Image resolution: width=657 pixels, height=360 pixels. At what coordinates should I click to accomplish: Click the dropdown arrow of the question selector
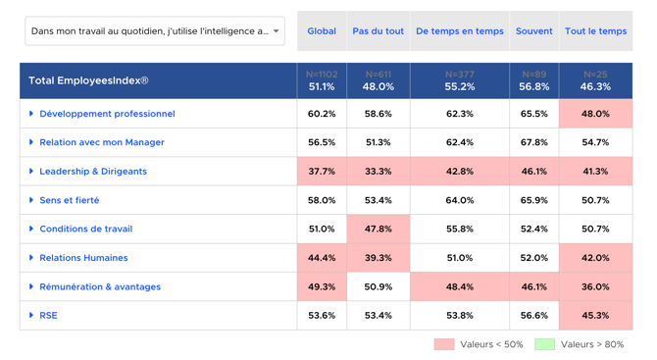pyautogui.click(x=277, y=31)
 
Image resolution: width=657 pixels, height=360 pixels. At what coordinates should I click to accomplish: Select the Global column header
pyautogui.click(x=322, y=31)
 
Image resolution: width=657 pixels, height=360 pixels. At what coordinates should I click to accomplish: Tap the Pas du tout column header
pyautogui.click(x=378, y=31)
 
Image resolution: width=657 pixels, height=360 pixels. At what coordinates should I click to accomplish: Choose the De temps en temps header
pyautogui.click(x=460, y=31)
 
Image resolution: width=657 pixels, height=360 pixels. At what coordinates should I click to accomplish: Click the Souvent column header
pyautogui.click(x=533, y=31)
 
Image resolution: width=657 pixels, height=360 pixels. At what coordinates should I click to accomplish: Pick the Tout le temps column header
pyautogui.click(x=595, y=31)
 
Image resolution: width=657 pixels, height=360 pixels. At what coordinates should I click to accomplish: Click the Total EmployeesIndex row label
pyautogui.click(x=88, y=80)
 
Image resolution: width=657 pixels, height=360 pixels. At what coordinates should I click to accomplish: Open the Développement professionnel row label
pyautogui.click(x=107, y=114)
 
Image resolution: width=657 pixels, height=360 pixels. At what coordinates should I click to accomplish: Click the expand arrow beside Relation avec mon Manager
pyautogui.click(x=31, y=142)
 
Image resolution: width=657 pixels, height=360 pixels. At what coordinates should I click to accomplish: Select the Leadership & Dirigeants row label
pyautogui.click(x=93, y=171)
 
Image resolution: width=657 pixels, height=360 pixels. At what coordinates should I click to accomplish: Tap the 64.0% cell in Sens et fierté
pyautogui.click(x=460, y=200)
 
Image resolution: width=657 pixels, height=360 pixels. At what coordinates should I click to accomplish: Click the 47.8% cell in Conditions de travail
pyautogui.click(x=378, y=229)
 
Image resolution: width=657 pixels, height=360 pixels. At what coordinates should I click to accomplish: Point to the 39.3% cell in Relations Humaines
pyautogui.click(x=378, y=258)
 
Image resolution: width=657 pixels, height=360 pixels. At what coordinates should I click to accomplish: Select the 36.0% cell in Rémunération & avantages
pyautogui.click(x=595, y=286)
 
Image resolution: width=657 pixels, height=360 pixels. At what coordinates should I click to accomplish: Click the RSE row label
pyautogui.click(x=48, y=315)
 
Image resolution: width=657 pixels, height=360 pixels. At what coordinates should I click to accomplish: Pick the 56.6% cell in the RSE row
pyautogui.click(x=533, y=315)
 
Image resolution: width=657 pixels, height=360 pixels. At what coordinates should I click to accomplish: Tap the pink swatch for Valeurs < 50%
pyautogui.click(x=444, y=344)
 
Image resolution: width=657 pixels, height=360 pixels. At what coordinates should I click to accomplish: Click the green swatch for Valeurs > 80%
pyautogui.click(x=544, y=344)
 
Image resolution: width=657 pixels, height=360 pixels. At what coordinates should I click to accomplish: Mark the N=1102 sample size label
pyautogui.click(x=322, y=75)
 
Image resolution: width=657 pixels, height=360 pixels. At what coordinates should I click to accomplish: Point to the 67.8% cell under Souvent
pyautogui.click(x=533, y=142)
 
